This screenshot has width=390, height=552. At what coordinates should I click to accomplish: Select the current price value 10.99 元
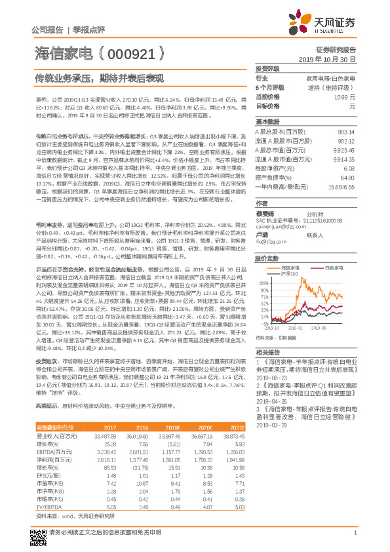pyautogui.click(x=345, y=96)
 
